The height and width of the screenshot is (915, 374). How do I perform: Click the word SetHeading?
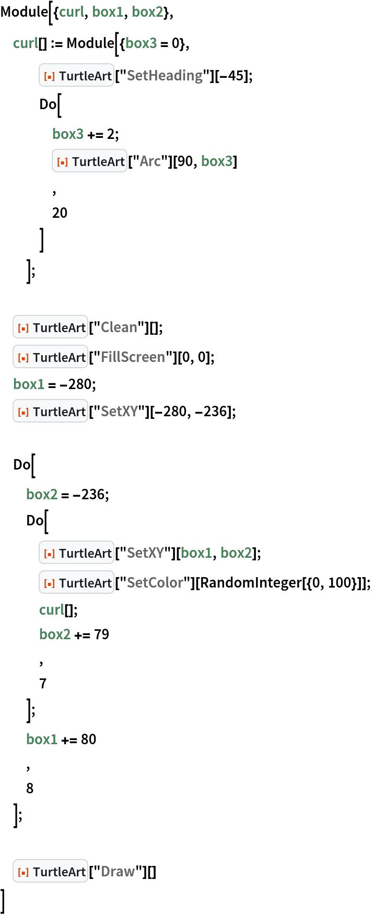pos(165,76)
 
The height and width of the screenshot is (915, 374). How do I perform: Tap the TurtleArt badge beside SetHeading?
pos(76,76)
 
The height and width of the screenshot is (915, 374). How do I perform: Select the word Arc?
pos(150,161)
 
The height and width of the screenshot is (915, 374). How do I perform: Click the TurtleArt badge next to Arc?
pos(89,161)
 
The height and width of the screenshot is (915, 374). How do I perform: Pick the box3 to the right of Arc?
pos(217,161)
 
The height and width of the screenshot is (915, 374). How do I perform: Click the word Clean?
pos(119,327)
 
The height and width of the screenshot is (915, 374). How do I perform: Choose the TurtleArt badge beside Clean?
pos(50,327)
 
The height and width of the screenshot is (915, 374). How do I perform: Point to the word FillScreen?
pos(133,357)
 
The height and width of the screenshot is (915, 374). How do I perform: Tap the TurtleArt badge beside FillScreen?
pos(50,357)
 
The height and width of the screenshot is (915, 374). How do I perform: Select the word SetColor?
pos(155,583)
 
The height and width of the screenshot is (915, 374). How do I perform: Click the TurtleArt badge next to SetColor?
pos(76,583)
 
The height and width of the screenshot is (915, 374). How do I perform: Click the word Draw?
pos(118,872)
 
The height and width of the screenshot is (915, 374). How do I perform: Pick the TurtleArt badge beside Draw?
pos(50,872)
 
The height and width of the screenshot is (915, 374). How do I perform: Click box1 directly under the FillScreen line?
pos(29,384)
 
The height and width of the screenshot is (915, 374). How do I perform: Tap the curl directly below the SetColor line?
pos(52,610)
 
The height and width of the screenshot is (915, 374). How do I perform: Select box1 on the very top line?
pos(108,12)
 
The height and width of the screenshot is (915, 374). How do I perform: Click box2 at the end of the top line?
pos(147,12)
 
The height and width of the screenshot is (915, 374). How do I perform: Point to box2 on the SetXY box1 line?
pos(236,553)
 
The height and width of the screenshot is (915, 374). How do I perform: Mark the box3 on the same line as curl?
pos(141,43)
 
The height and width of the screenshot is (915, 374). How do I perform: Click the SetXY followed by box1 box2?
pos(145,553)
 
